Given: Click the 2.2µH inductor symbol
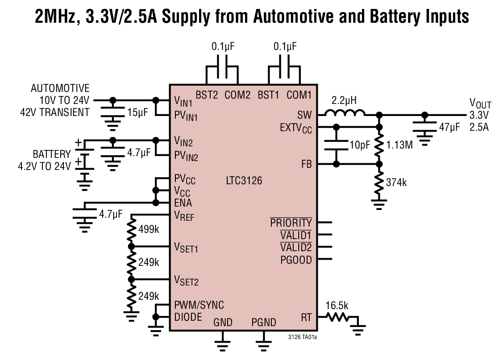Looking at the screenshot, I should point(345,113).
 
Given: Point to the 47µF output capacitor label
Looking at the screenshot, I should point(449,127).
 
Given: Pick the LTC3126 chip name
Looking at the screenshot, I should point(244,181).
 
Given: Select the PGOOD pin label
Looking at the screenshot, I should point(296,260).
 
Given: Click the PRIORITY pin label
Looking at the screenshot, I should point(291,222).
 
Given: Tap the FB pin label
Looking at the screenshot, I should point(307,164).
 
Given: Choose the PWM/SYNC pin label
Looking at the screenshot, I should point(199,305).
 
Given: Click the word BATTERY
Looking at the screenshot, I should point(52,154).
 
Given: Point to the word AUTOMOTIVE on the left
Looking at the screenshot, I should point(60,88).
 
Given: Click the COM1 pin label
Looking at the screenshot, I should point(299,95).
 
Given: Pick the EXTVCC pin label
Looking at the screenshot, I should point(296,129).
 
